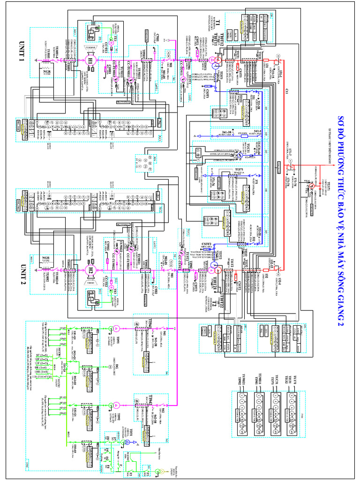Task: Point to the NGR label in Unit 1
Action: click(47, 68)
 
